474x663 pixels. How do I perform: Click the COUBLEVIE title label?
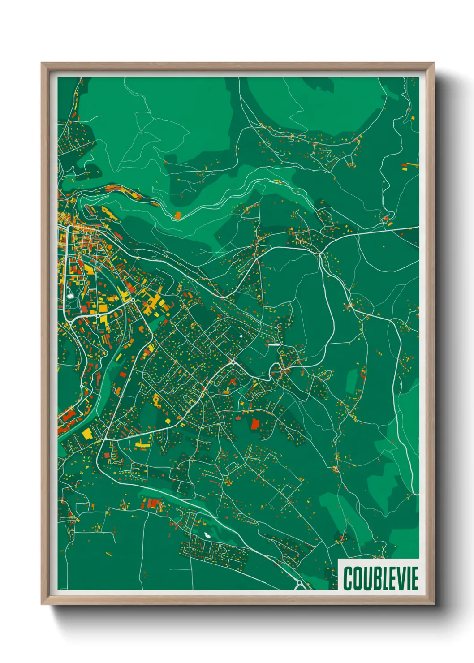point(380,578)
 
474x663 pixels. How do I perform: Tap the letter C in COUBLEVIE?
point(348,578)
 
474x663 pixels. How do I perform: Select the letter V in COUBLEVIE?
point(397,578)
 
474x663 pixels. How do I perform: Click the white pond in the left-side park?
point(70,295)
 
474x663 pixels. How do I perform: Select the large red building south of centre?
point(255,424)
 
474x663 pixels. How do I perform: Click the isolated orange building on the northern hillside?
point(178,215)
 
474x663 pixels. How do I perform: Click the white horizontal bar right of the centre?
point(274,344)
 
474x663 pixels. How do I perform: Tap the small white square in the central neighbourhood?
point(241,335)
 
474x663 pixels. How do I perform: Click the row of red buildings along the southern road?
point(153,504)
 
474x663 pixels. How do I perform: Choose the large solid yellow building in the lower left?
point(86,434)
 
